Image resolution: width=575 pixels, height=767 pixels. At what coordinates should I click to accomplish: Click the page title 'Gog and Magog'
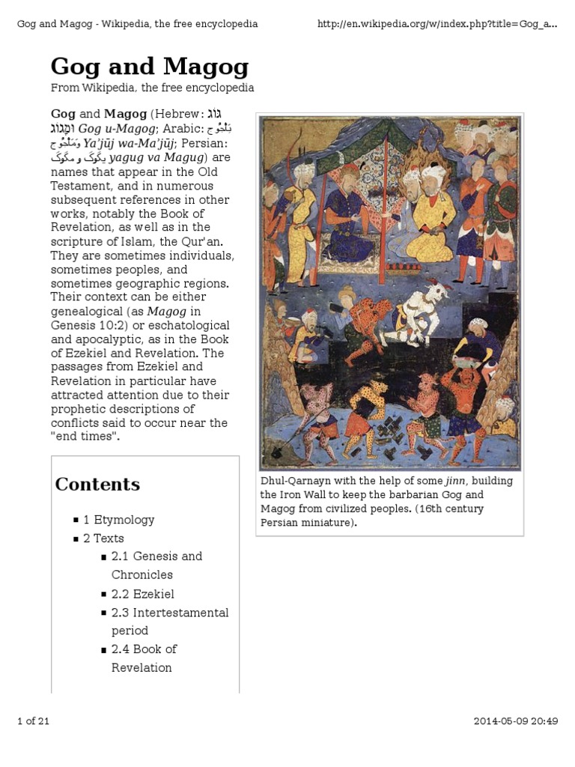click(x=149, y=67)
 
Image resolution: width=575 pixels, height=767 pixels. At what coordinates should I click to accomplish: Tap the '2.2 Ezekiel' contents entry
click(x=142, y=594)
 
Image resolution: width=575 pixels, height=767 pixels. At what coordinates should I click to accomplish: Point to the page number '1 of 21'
click(x=33, y=721)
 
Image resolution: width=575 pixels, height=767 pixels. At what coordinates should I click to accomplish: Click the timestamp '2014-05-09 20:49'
click(x=516, y=721)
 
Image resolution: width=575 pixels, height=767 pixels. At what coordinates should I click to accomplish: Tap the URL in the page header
click(x=437, y=24)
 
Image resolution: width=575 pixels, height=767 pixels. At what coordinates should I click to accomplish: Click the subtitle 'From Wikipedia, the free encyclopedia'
click(x=152, y=88)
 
